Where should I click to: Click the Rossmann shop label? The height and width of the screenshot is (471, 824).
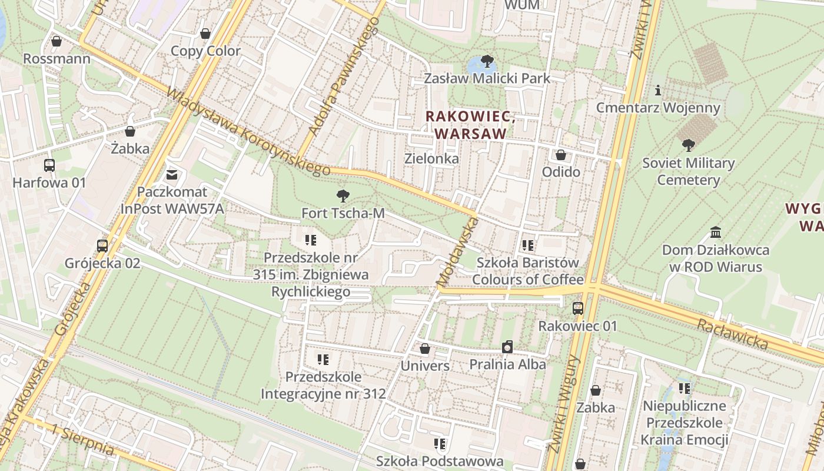pos(57,59)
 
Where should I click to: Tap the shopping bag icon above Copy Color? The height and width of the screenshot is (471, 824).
pos(205,34)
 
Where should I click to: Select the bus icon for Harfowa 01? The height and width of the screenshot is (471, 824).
pos(49,165)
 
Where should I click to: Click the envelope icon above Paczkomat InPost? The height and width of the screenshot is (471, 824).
pos(172,174)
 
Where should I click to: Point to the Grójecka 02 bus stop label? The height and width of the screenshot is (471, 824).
pos(102,263)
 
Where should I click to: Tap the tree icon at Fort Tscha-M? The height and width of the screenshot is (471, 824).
pos(343,196)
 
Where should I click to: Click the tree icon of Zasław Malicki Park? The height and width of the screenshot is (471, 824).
pos(487,61)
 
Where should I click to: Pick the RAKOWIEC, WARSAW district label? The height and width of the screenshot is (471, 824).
pos(470,125)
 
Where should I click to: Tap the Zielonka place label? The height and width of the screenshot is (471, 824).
pos(431,158)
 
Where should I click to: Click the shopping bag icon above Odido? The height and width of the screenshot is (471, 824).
pos(561,155)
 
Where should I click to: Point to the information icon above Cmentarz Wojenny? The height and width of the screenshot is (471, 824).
pos(658,91)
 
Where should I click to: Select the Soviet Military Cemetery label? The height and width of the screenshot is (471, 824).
pos(688,171)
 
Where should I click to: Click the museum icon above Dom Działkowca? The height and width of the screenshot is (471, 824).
pos(716,232)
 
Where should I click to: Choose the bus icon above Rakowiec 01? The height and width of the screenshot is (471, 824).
pos(578,308)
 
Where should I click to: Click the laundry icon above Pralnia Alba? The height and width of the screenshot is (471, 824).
pos(507,347)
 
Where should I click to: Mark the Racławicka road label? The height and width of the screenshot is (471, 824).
pos(733,334)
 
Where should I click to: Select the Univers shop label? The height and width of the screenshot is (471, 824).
pos(425,366)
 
